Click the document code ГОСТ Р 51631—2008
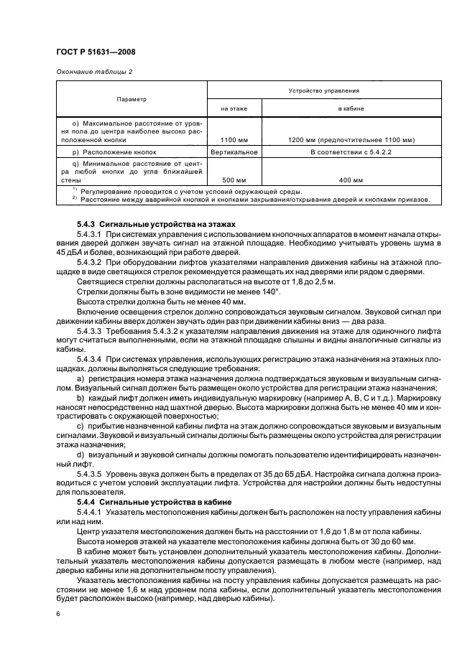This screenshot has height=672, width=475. click(x=95, y=52)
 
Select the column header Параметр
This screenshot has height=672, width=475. click(x=131, y=100)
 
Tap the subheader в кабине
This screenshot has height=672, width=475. click(x=351, y=108)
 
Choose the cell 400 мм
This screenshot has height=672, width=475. click(x=351, y=180)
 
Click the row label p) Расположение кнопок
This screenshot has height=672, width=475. click(x=119, y=153)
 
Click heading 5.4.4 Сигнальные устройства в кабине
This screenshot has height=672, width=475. click(x=142, y=502)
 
